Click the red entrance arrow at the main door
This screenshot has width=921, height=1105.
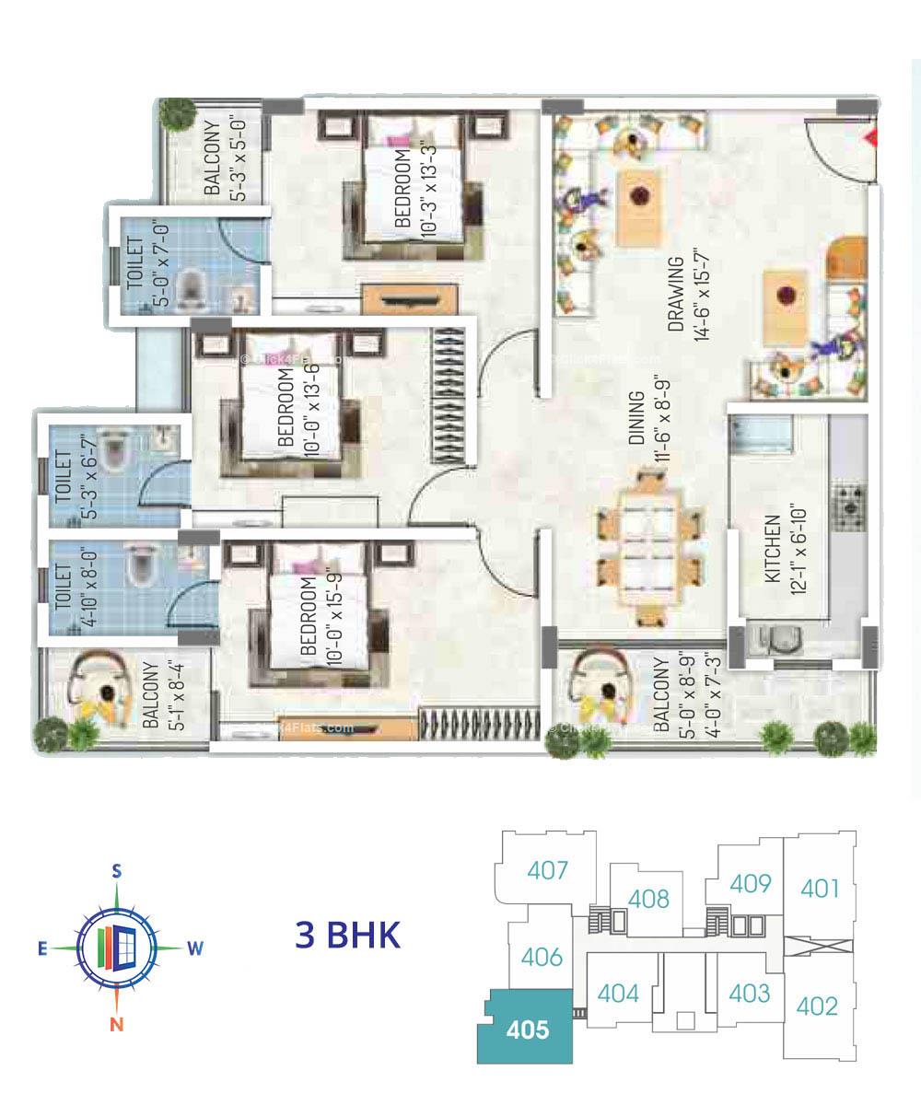870,139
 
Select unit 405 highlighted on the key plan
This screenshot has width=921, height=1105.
526,1028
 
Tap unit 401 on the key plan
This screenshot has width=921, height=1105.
820,889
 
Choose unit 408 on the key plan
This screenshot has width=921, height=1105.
649,898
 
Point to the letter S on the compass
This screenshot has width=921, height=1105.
117,870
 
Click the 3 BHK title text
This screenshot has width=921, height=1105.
348,936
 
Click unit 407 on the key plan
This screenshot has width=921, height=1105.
548,869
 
